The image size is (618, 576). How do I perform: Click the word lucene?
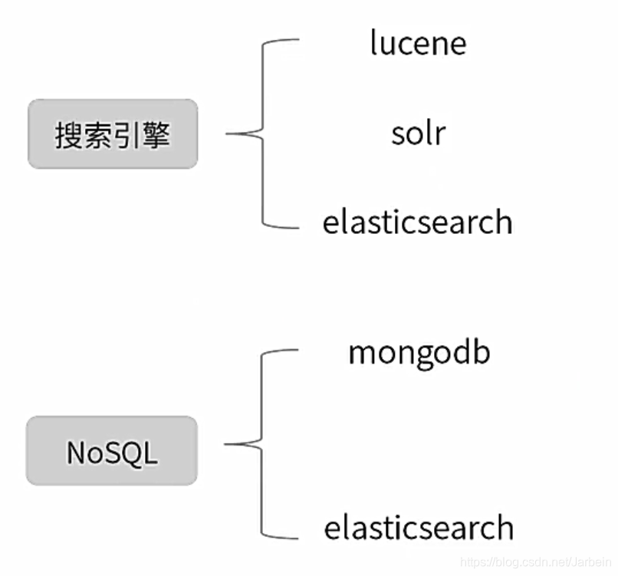pos(418,42)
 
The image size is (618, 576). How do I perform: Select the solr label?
pos(418,133)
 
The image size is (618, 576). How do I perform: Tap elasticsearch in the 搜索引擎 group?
pos(418,222)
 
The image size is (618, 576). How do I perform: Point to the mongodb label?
pos(419,353)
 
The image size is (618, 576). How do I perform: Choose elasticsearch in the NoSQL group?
pos(419,528)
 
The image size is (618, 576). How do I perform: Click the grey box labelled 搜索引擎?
pos(113,133)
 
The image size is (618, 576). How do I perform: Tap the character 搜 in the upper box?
pos(68,135)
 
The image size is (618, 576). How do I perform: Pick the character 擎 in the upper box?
pos(156,135)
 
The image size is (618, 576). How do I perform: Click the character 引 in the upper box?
pos(127,135)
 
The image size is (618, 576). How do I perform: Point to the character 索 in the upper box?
pos(97,135)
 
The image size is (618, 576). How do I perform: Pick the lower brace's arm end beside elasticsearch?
pos(296,538)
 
